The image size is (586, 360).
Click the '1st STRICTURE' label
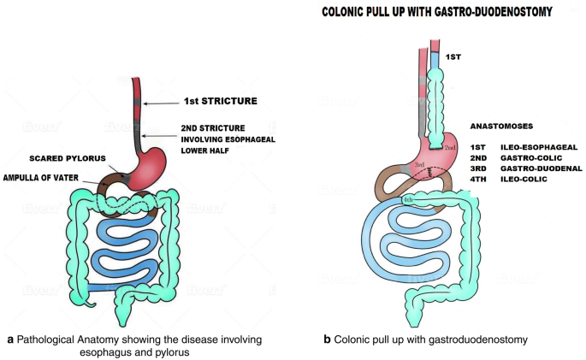[220, 101]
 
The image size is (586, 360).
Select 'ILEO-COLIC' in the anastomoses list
[526, 180]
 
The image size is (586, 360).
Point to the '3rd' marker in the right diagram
[420, 164]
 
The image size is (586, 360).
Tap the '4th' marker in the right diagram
[410, 200]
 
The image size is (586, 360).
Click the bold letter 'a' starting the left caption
[10, 339]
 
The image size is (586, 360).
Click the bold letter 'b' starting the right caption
[327, 339]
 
